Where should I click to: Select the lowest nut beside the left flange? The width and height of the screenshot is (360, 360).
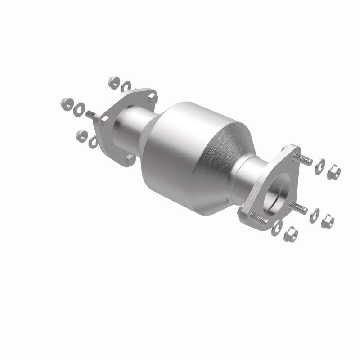(x=81, y=134)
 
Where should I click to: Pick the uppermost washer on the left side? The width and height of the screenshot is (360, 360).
(x=126, y=85)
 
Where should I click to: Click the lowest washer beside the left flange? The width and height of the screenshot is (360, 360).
(x=94, y=143)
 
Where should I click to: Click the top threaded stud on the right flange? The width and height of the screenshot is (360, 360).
(x=304, y=158)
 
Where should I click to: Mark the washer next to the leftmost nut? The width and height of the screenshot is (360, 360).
(x=80, y=108)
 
